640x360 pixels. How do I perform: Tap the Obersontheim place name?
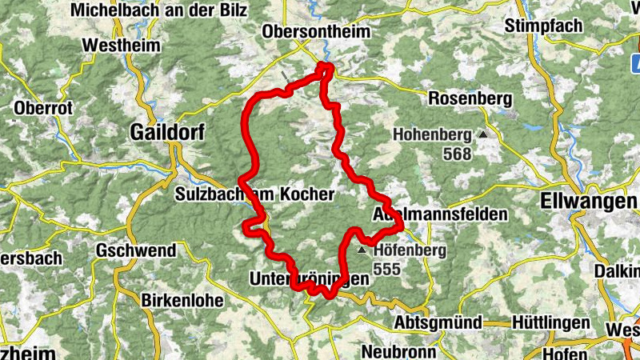318,32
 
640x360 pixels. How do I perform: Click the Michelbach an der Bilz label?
158,10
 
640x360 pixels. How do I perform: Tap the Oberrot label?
43,107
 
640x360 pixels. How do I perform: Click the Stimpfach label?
544,26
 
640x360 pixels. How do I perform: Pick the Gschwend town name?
135,250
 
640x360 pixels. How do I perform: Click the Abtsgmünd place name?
438,322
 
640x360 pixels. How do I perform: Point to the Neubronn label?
398,351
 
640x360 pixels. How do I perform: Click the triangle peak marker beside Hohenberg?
483,135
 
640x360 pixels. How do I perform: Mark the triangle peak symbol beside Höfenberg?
362,250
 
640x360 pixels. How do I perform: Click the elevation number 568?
456,154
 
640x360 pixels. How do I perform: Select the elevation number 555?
386,270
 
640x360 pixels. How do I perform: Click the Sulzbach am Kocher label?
254,194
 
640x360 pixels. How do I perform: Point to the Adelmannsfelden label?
440,214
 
